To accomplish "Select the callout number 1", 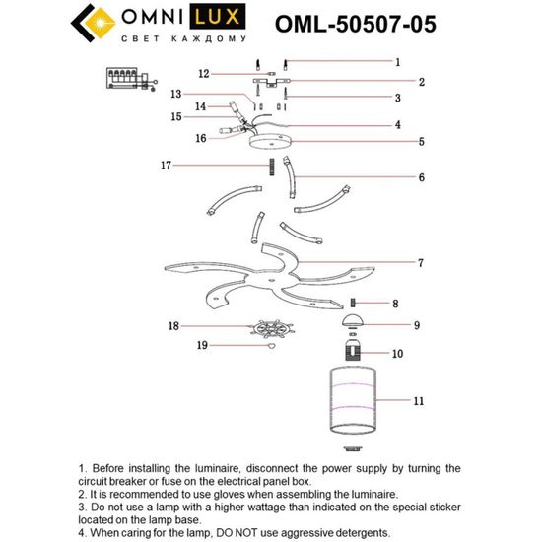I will (397, 61).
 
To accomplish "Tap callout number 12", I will (202, 74).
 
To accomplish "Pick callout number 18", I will (173, 325).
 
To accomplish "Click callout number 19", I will (202, 346).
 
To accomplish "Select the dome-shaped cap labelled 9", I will (352, 323).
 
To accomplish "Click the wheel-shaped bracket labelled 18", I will (269, 327).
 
